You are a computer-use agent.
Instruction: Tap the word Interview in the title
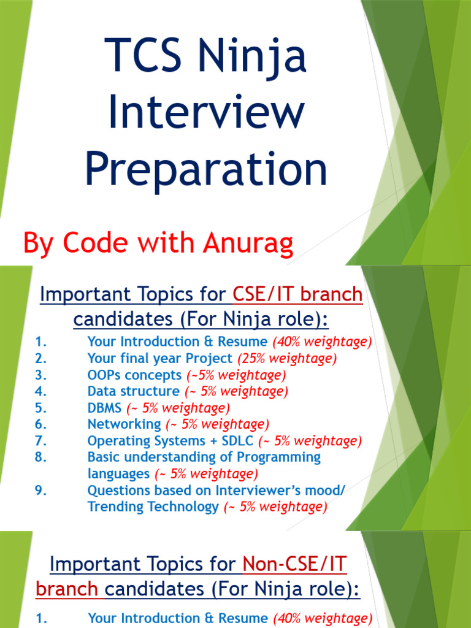click(x=206, y=113)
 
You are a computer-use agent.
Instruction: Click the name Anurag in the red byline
click(x=245, y=243)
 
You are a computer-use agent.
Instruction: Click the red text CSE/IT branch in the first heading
click(x=298, y=295)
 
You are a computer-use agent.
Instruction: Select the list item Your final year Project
click(x=160, y=358)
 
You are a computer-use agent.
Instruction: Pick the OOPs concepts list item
click(x=134, y=375)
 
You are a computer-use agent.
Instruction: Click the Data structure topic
click(x=133, y=391)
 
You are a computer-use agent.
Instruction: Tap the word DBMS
click(x=105, y=408)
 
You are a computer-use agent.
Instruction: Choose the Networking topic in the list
click(x=124, y=424)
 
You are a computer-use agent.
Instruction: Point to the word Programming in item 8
click(x=281, y=458)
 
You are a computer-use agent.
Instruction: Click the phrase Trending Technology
click(x=153, y=507)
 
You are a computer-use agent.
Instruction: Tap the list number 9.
click(x=41, y=491)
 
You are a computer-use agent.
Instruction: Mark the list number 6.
click(x=41, y=424)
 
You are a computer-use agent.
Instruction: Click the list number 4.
click(x=41, y=391)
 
